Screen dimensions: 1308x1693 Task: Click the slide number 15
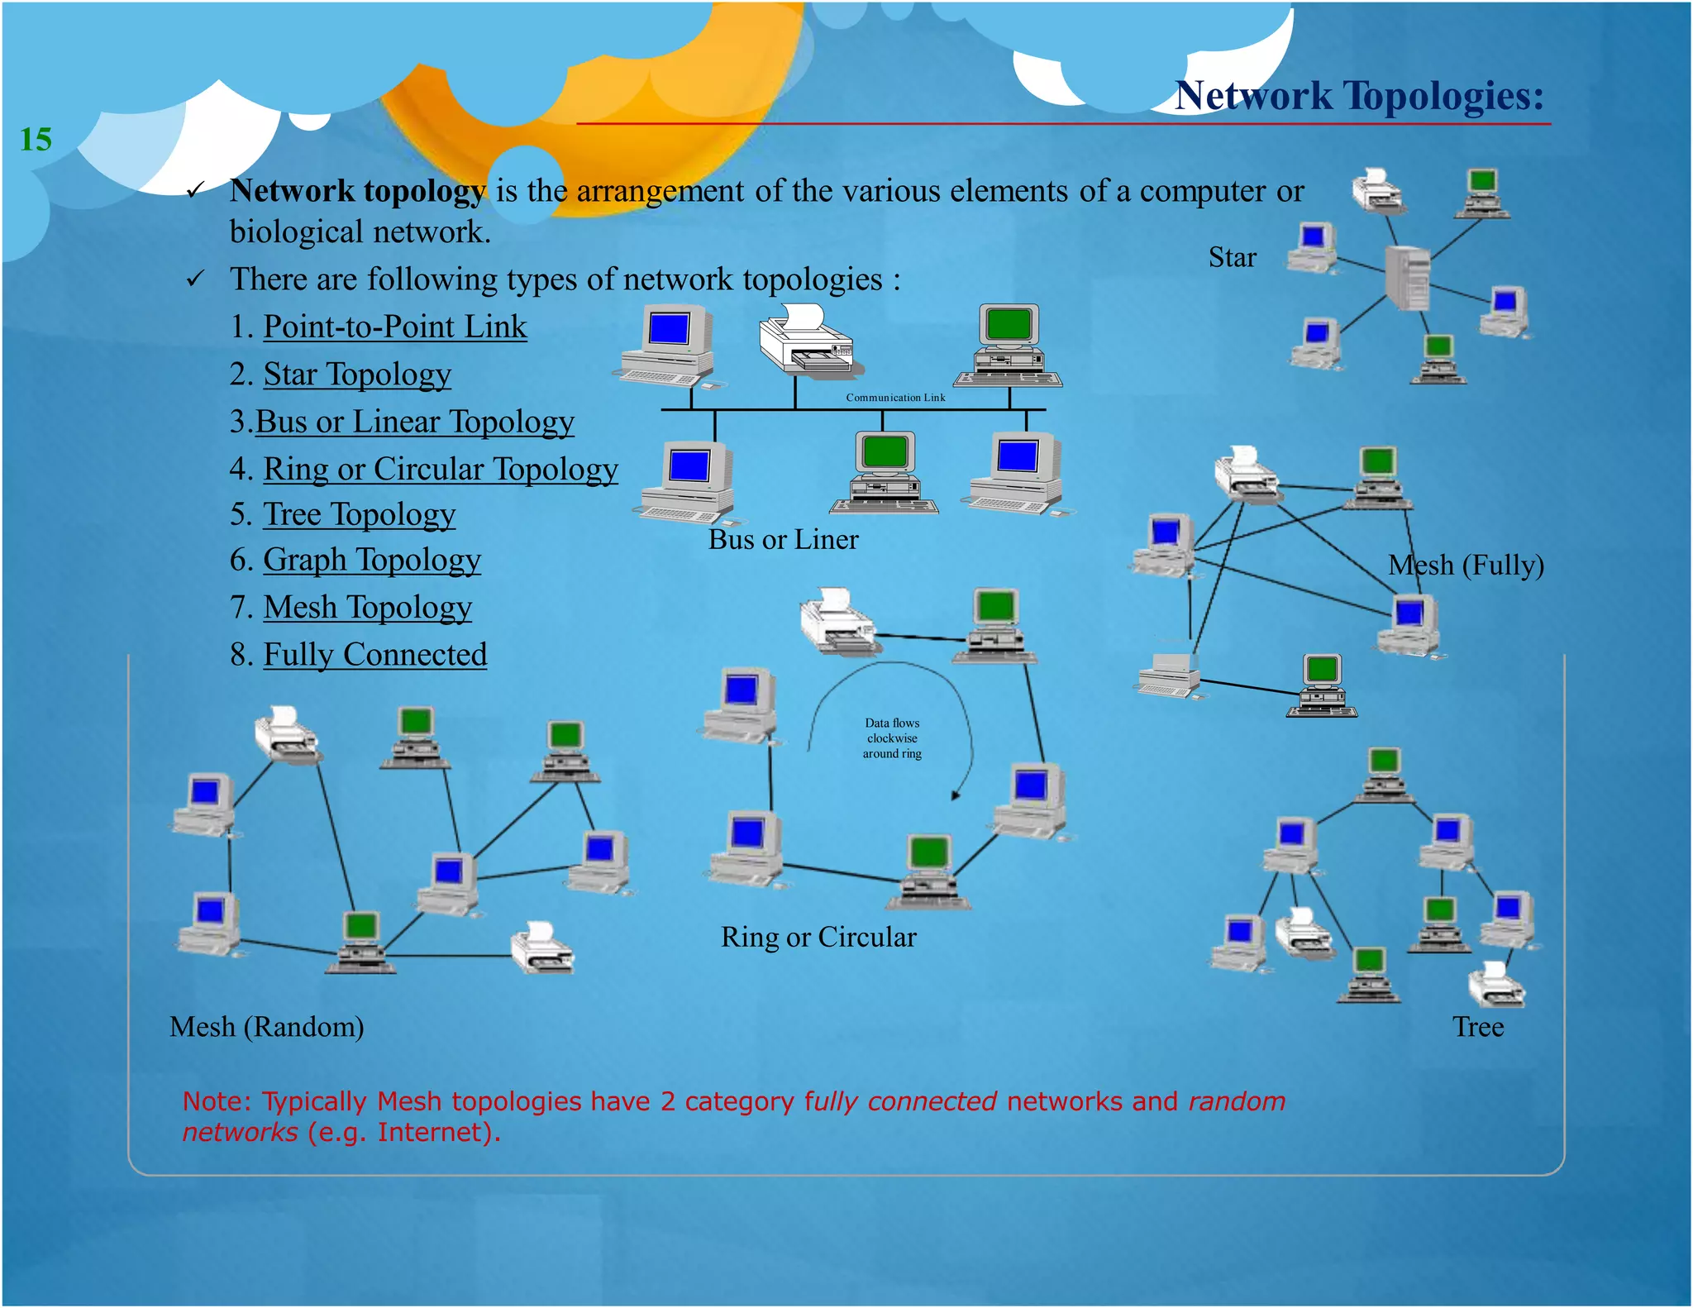(36, 139)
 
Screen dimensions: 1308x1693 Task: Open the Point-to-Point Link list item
(394, 327)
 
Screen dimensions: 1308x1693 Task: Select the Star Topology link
(356, 374)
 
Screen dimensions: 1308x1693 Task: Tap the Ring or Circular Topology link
(440, 469)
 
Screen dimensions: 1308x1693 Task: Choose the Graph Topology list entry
(371, 560)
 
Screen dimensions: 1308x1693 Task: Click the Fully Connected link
(374, 654)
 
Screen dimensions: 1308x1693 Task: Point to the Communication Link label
(894, 398)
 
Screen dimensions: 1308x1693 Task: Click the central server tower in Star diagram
(1407, 278)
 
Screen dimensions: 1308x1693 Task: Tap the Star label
(1232, 257)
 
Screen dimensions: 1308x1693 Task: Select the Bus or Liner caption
(783, 539)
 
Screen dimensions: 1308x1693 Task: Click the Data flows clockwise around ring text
(892, 738)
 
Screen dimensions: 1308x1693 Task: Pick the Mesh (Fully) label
(1465, 565)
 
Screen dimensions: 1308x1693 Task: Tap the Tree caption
(1477, 1026)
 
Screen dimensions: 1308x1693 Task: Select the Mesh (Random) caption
(266, 1026)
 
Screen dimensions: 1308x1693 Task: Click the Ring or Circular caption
(818, 937)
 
